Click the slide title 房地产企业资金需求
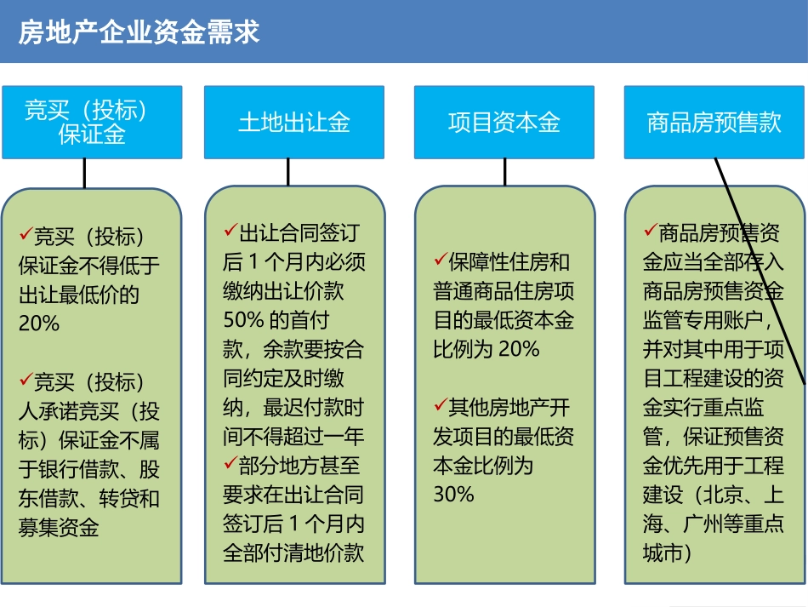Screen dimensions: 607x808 pyautogui.click(x=139, y=33)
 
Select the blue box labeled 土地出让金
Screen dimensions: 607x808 pyautogui.click(x=294, y=122)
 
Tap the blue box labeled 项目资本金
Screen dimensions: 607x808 pyautogui.click(x=504, y=122)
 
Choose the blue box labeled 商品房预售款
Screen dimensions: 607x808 pyautogui.click(x=714, y=122)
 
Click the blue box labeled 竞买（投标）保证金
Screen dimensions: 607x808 pyautogui.click(x=92, y=122)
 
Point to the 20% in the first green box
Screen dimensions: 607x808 pyautogui.click(x=39, y=324)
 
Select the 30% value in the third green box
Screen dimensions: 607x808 pyautogui.click(x=454, y=494)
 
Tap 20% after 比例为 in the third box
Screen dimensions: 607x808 pyautogui.click(x=518, y=348)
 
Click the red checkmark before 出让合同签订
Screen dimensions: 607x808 pyautogui.click(x=230, y=230)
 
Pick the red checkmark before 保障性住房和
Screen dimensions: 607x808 pyautogui.click(x=441, y=259)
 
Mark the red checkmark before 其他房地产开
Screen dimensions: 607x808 pyautogui.click(x=441, y=406)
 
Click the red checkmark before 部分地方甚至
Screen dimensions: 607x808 pyautogui.click(x=230, y=462)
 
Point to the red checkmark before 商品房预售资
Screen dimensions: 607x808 pyautogui.click(x=651, y=230)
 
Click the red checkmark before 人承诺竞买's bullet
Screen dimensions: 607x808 pyautogui.click(x=26, y=379)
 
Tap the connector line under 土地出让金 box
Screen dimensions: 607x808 pyautogui.click(x=288, y=172)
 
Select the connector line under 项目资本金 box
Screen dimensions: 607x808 pyautogui.click(x=504, y=172)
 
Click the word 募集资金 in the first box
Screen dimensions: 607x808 pyautogui.click(x=59, y=528)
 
